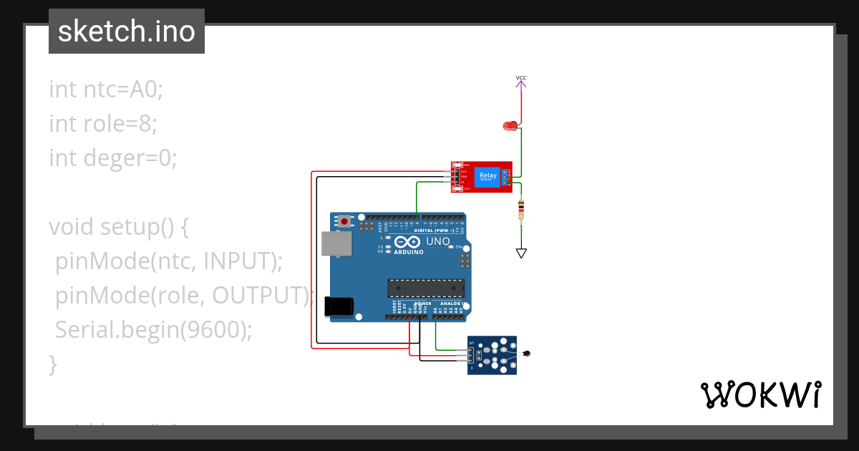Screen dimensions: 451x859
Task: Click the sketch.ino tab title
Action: pos(126,31)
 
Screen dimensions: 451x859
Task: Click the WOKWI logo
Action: pos(760,395)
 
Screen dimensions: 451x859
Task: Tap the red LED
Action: pos(510,126)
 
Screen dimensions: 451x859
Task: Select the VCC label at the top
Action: pos(521,77)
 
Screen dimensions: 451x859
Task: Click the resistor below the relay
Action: pos(520,210)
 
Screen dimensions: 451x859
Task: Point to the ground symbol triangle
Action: pos(521,253)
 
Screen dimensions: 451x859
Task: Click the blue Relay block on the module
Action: pos(487,176)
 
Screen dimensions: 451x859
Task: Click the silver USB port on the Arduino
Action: pos(336,244)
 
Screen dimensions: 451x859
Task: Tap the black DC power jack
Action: pos(339,306)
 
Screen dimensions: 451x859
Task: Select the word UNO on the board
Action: pos(437,242)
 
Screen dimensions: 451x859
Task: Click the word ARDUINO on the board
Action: pos(408,252)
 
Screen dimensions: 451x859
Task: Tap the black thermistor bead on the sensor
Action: pos(528,353)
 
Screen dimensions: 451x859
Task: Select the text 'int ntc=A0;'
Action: pos(106,89)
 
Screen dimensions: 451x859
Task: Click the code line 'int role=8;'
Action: pos(102,124)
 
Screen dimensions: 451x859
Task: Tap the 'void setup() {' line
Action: pos(118,227)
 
